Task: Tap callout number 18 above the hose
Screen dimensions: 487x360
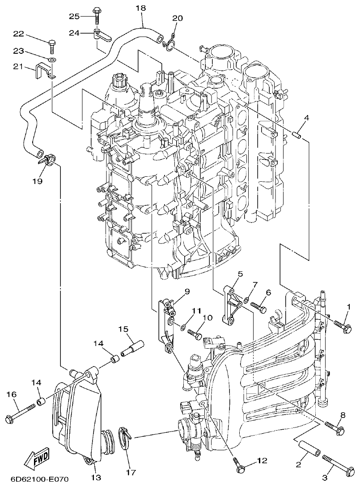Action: [140, 8]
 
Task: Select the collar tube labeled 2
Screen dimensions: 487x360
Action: [308, 448]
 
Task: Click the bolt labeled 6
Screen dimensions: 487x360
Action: [259, 308]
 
